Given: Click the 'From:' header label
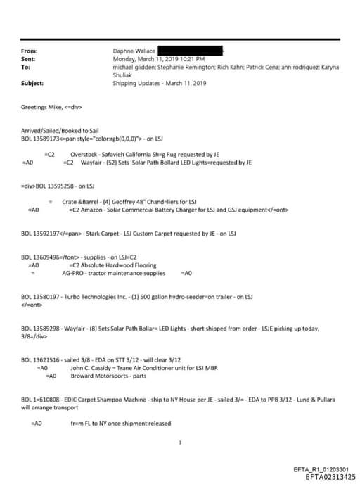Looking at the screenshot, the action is click(x=30, y=51).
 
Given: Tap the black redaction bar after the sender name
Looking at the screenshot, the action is click(x=191, y=51).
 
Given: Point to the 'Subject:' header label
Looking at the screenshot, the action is click(x=33, y=83).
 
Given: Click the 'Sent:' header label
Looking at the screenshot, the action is click(x=29, y=59).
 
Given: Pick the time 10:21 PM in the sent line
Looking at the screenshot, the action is click(x=191, y=59).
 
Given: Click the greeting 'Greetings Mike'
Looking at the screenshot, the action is click(x=42, y=107).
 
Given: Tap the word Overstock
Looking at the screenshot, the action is click(x=84, y=153).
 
